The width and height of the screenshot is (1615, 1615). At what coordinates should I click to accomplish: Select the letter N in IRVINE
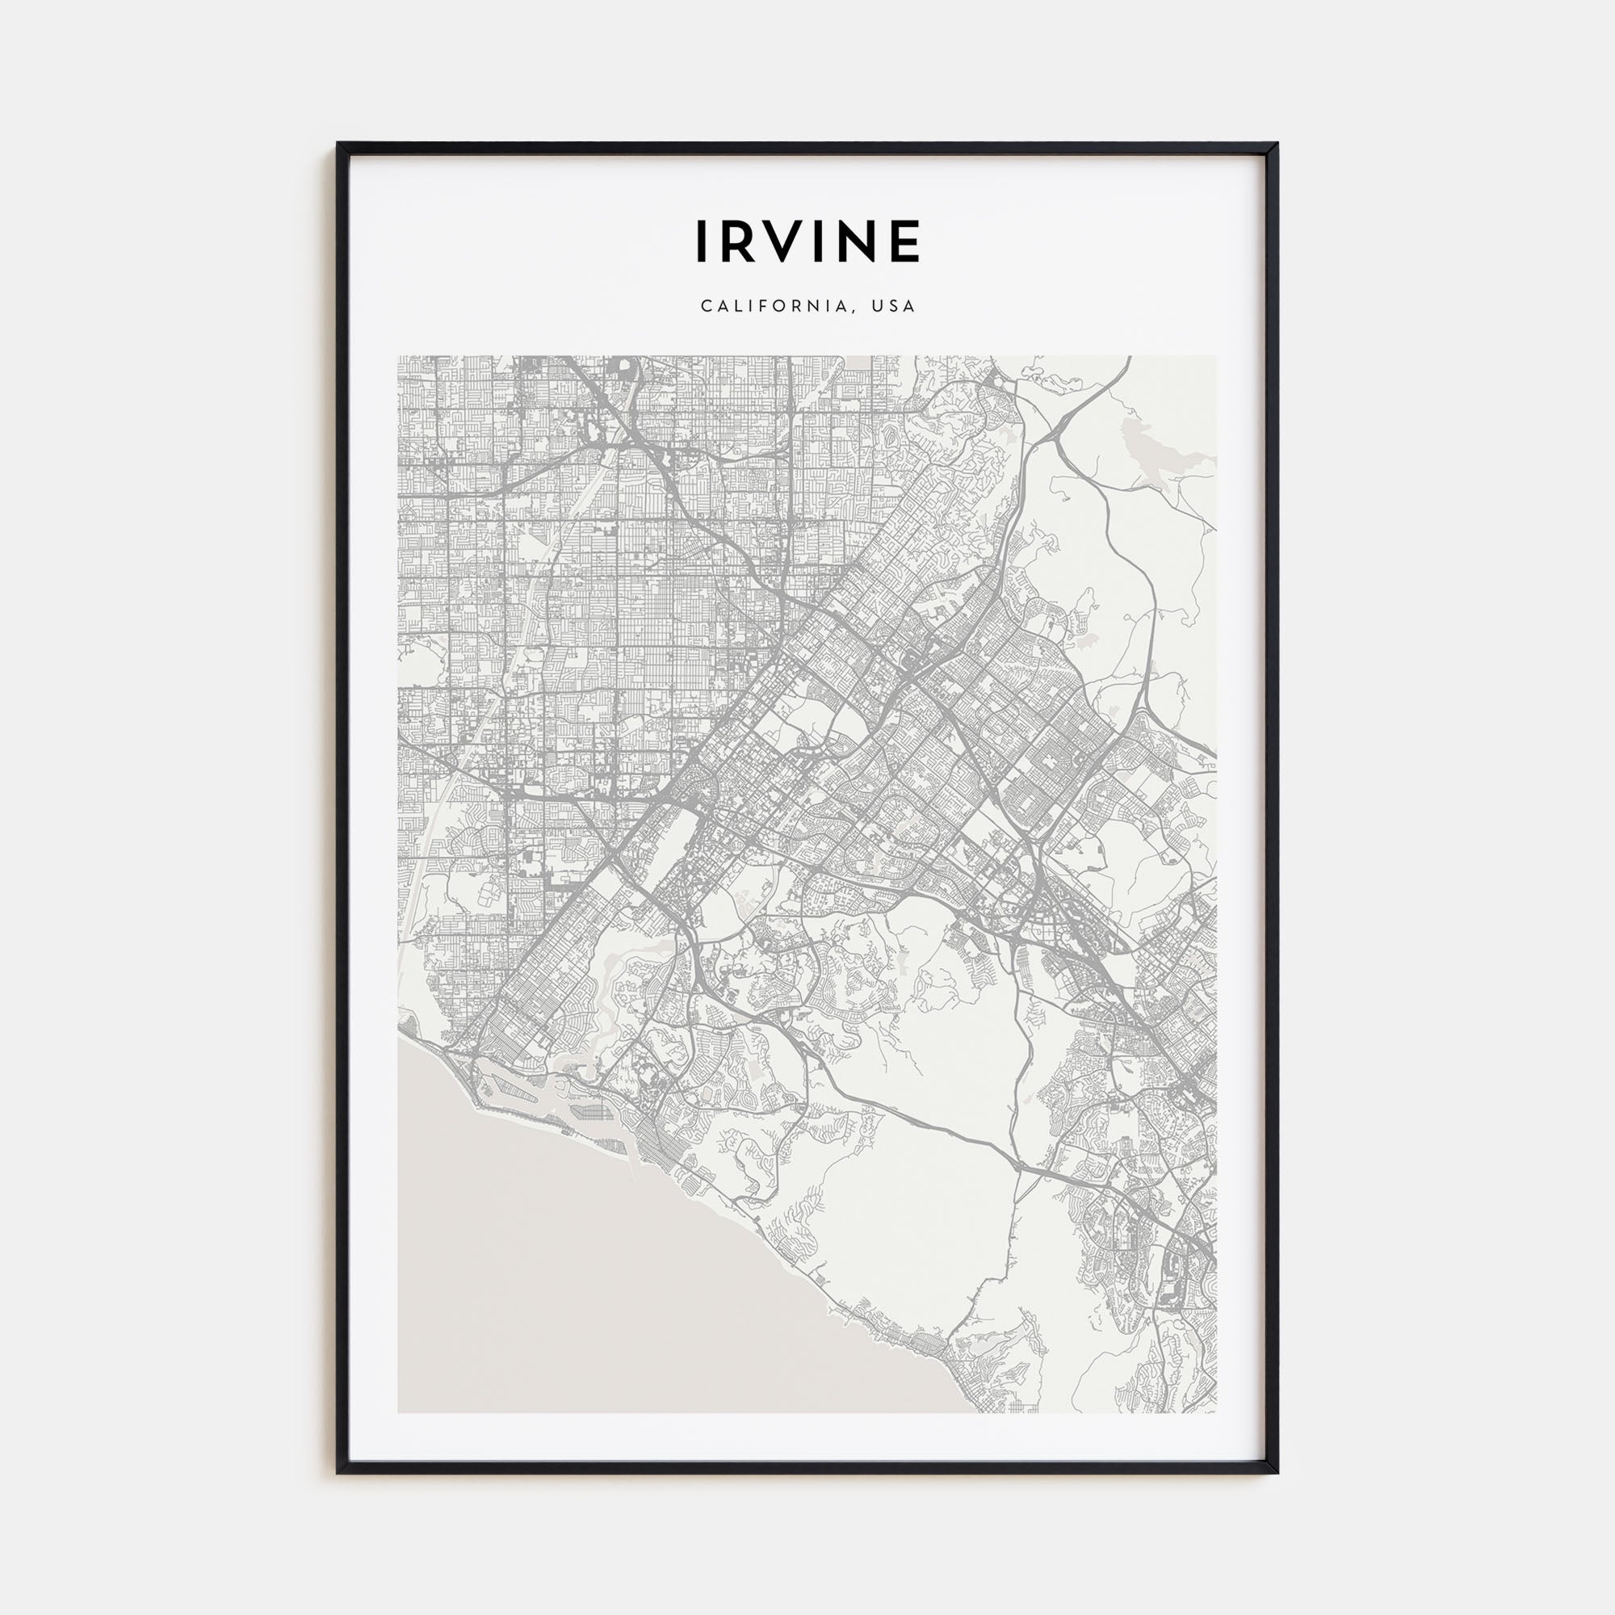(860, 241)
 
